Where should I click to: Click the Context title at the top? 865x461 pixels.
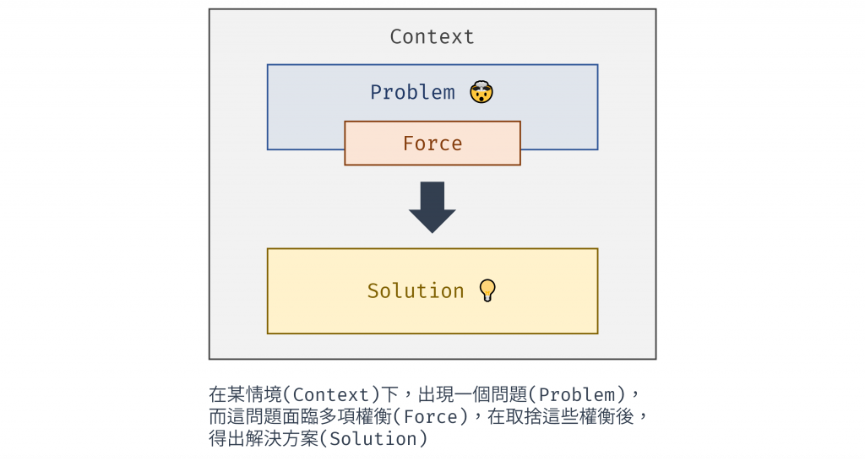tap(432, 37)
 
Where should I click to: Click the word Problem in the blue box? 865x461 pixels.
tap(412, 92)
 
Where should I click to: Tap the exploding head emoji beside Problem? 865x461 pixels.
tap(481, 91)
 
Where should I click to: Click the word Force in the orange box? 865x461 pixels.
tap(432, 144)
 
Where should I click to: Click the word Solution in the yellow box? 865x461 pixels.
tap(416, 291)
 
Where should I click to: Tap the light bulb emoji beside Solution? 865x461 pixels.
tap(487, 290)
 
